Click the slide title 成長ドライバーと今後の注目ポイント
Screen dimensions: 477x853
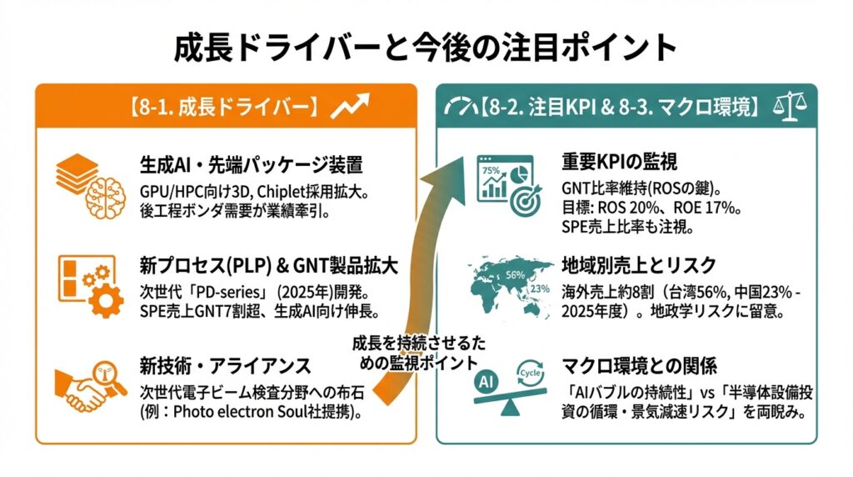pyautogui.click(x=426, y=48)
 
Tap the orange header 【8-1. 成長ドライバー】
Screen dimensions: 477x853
pyautogui.click(x=223, y=108)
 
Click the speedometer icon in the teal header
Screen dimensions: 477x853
pyautogui.click(x=461, y=107)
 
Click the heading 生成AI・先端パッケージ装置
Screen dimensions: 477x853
pyautogui.click(x=250, y=163)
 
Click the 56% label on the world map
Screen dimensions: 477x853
pyautogui.click(x=514, y=274)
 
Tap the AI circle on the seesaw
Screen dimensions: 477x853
pyautogui.click(x=486, y=380)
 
